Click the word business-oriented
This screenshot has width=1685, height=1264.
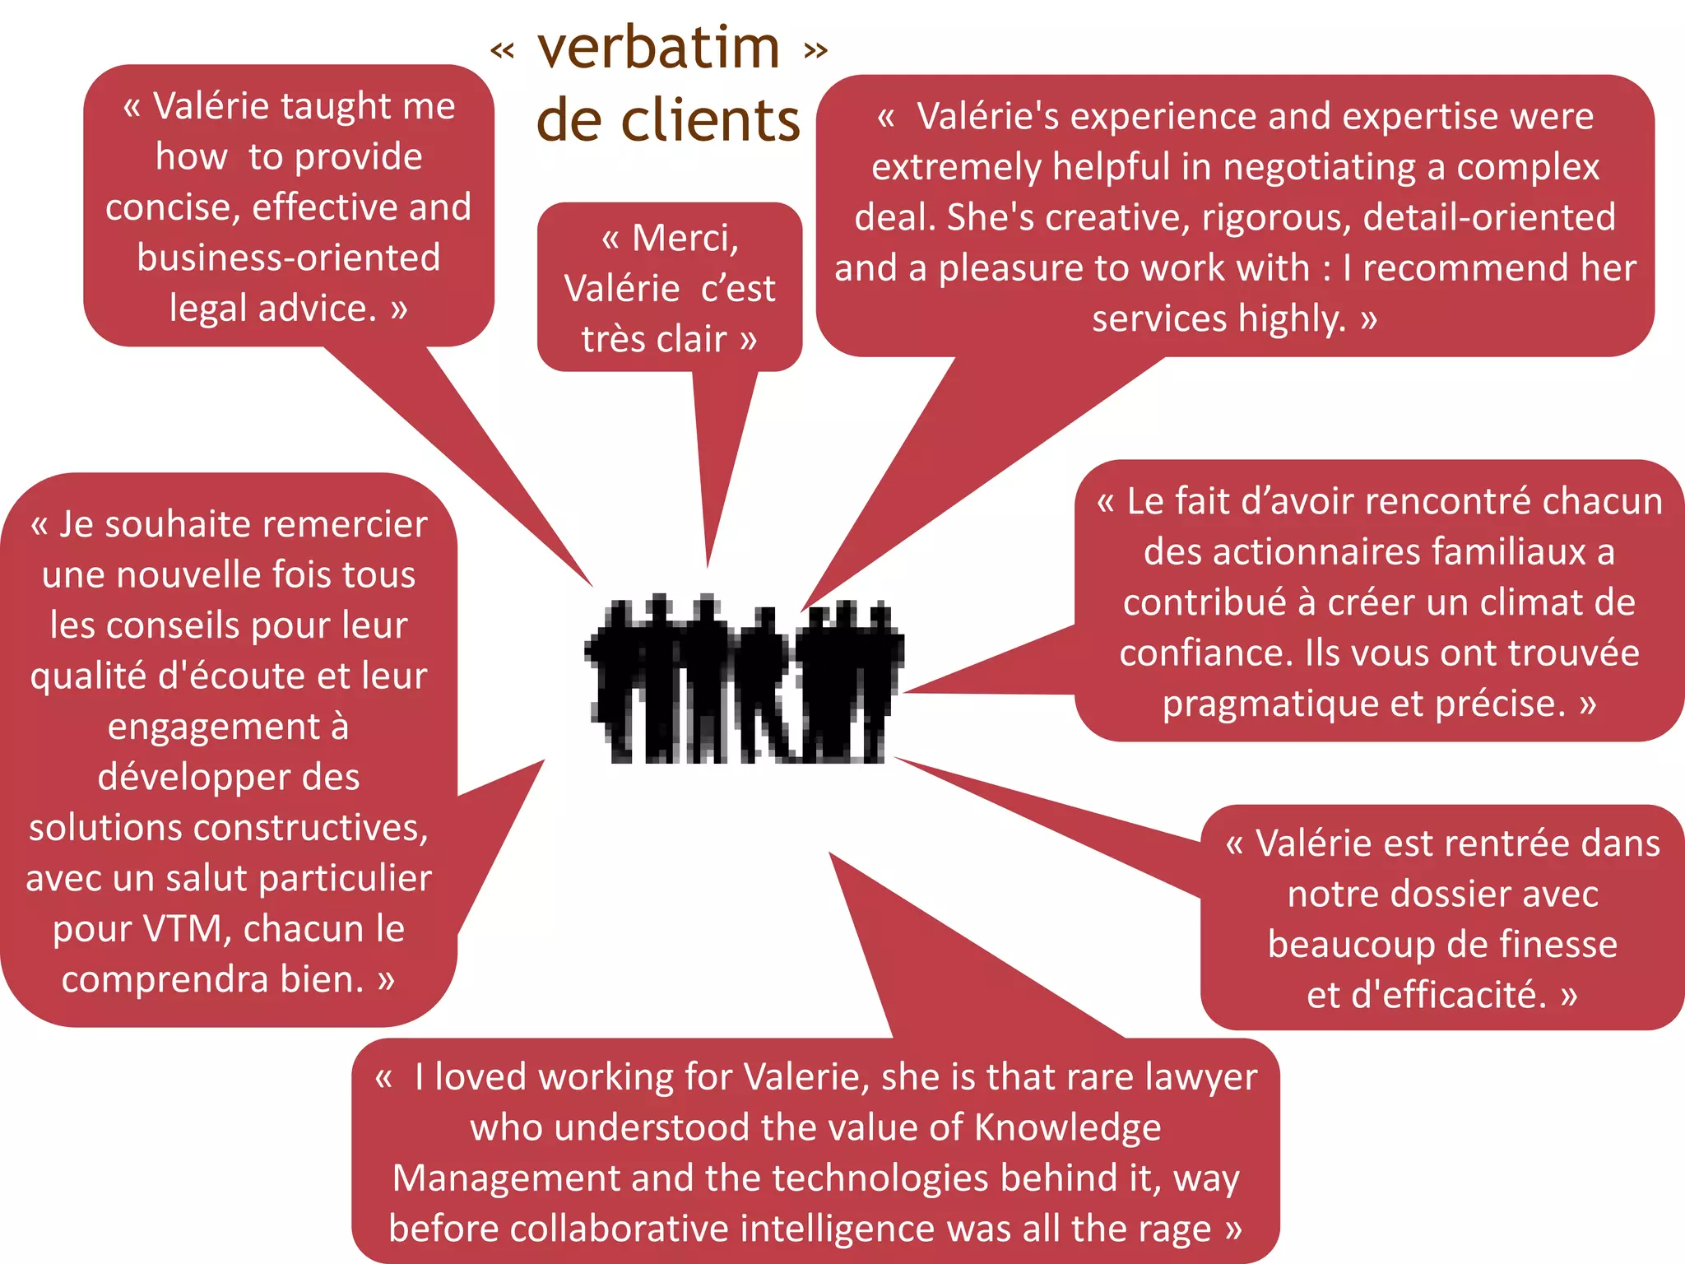(x=288, y=258)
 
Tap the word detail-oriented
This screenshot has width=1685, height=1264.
(x=1488, y=218)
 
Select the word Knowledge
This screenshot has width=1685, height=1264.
(x=1067, y=1128)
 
